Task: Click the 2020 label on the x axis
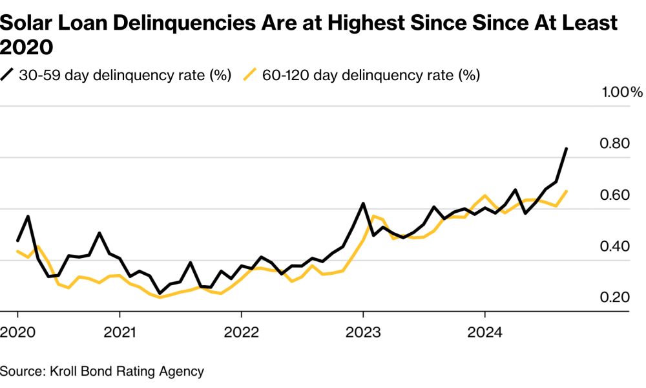point(17,332)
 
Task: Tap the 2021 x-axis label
point(120,332)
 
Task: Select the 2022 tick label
point(242,332)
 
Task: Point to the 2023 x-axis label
point(363,332)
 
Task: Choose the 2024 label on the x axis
point(485,332)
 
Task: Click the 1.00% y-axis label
point(622,92)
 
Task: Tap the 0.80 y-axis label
point(615,144)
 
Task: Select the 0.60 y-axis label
point(615,195)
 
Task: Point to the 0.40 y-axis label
point(615,246)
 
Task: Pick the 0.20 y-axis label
point(615,297)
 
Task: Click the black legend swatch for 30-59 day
point(7,74)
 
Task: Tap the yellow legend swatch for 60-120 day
point(250,74)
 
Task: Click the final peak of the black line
point(567,149)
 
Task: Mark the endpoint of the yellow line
point(567,191)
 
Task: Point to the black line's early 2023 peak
point(363,203)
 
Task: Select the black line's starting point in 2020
point(17,241)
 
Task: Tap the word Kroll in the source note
point(63,371)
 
